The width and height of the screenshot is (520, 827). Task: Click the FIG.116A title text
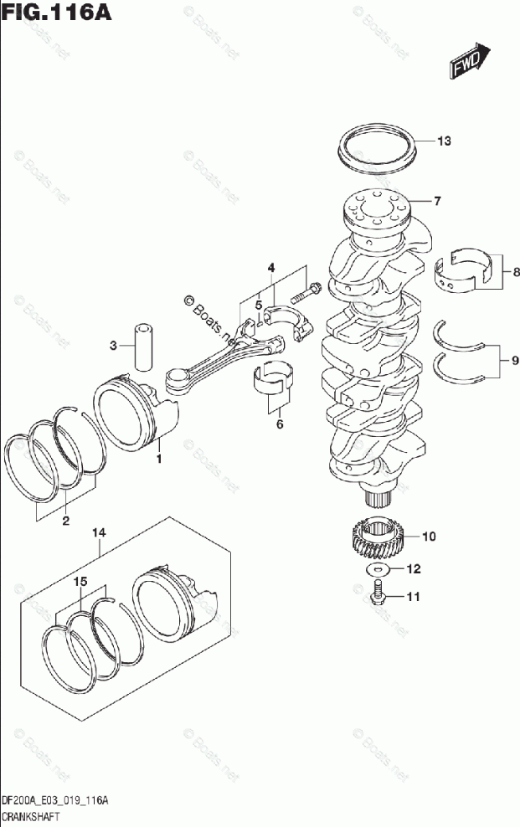(56, 14)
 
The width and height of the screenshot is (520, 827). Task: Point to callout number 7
(437, 201)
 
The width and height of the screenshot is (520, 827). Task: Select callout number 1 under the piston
(157, 459)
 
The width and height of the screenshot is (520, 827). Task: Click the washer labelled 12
(378, 570)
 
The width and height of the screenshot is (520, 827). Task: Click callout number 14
(99, 532)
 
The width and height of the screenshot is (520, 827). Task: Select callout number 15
(80, 581)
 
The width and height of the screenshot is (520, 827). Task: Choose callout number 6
(280, 424)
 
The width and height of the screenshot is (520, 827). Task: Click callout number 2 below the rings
(65, 522)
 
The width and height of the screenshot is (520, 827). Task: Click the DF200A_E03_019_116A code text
(54, 802)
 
